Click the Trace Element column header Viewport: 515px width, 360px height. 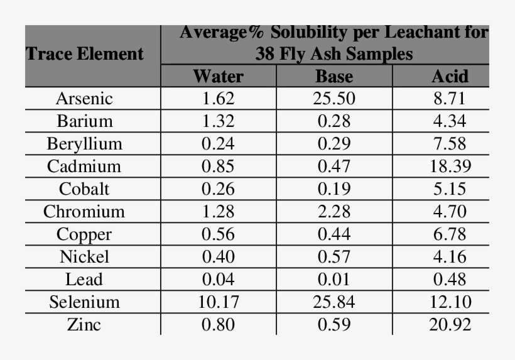(x=85, y=54)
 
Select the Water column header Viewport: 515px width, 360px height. (x=218, y=77)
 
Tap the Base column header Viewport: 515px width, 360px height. (x=333, y=77)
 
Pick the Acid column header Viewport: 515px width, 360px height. (x=450, y=77)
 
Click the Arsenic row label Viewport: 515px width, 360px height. (x=84, y=99)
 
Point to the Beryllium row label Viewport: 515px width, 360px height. (x=84, y=144)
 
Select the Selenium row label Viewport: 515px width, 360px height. (x=84, y=302)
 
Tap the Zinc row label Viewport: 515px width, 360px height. (x=84, y=325)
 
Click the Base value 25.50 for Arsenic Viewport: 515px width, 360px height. (x=333, y=99)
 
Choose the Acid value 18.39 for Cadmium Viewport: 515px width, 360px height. (x=450, y=166)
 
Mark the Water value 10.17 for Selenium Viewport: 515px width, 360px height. (x=218, y=302)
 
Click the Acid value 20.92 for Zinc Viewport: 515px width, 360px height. (x=450, y=325)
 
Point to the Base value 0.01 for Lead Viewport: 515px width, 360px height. (x=333, y=280)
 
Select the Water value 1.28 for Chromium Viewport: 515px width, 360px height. (x=218, y=212)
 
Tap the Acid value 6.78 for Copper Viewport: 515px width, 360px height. (x=450, y=234)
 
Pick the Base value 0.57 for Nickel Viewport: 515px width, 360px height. (x=333, y=257)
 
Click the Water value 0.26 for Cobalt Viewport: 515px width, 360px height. (x=218, y=189)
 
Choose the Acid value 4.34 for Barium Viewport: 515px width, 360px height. (x=450, y=121)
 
